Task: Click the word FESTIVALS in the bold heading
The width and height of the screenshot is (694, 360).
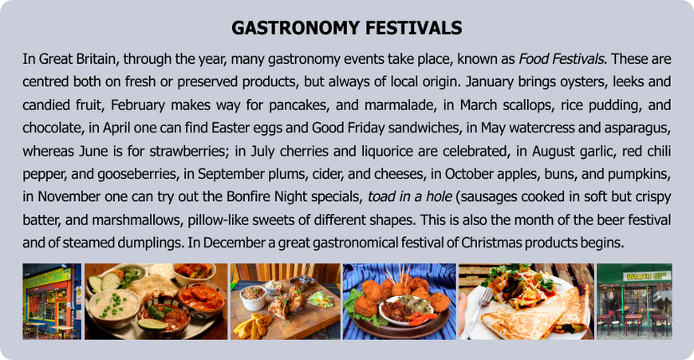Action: (x=406, y=28)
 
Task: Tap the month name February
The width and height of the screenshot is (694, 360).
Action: (x=138, y=105)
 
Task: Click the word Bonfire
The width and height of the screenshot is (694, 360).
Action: (x=248, y=196)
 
